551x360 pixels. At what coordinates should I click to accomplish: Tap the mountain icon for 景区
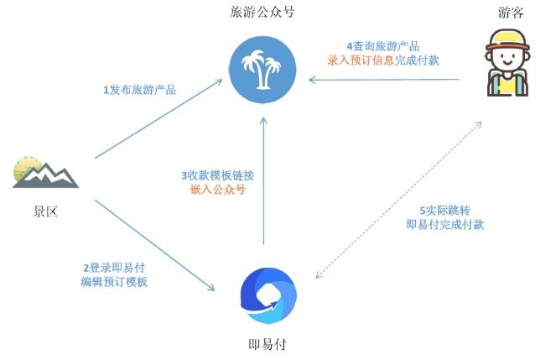[x=44, y=172]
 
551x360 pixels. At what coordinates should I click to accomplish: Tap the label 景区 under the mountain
[x=45, y=212]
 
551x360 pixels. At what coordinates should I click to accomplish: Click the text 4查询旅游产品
[x=382, y=45]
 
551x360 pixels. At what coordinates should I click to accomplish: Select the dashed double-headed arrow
[x=398, y=200]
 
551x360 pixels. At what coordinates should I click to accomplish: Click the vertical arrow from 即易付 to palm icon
[x=263, y=180]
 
